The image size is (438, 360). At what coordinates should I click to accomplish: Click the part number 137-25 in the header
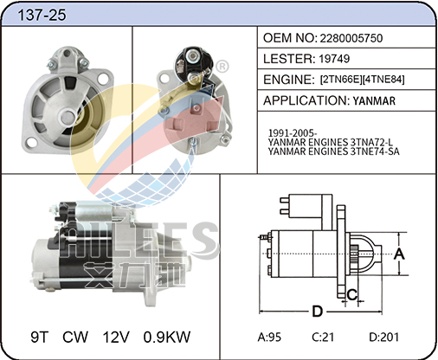tap(42, 15)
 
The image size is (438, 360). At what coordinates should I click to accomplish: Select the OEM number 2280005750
tap(351, 38)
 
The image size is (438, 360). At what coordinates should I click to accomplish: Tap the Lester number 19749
tap(334, 59)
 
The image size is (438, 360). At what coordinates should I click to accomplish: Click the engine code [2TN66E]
tap(341, 80)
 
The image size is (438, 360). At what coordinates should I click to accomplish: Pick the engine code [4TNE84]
tap(383, 80)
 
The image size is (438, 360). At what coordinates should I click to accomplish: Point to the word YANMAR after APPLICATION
tap(374, 101)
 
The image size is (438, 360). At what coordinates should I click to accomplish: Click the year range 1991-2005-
tap(293, 133)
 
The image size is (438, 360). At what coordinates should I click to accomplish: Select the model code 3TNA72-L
tap(371, 142)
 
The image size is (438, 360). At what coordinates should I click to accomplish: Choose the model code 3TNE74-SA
tap(375, 151)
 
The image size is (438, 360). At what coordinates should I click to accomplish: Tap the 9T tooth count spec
tap(39, 337)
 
